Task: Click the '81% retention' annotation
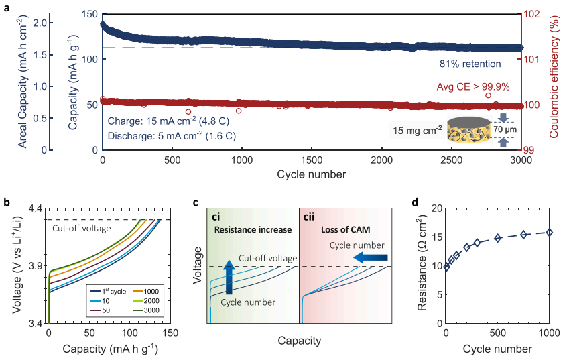click(466, 64)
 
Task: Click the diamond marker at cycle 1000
click(548, 232)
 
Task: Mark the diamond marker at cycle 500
click(497, 238)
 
